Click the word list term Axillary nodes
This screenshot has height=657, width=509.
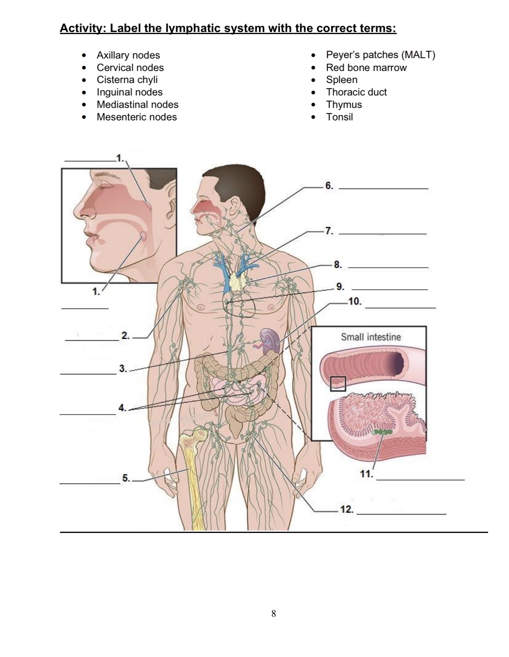click(128, 55)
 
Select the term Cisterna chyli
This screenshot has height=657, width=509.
click(127, 80)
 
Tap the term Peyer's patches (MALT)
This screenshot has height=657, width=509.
click(380, 55)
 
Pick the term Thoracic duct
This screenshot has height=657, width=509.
click(356, 92)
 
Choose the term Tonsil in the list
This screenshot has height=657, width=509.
click(339, 117)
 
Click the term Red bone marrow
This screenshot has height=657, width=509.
click(366, 67)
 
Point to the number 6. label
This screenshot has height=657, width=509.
click(329, 186)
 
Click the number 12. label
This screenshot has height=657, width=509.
click(347, 510)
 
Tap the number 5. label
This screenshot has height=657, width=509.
click(126, 478)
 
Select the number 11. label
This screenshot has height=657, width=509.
click(366, 474)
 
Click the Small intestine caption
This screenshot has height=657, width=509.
click(371, 337)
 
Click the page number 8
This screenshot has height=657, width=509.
click(274, 613)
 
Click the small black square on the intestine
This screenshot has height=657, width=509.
click(338, 384)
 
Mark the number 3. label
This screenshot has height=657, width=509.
click(123, 368)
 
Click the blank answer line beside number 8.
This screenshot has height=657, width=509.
click(388, 267)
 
